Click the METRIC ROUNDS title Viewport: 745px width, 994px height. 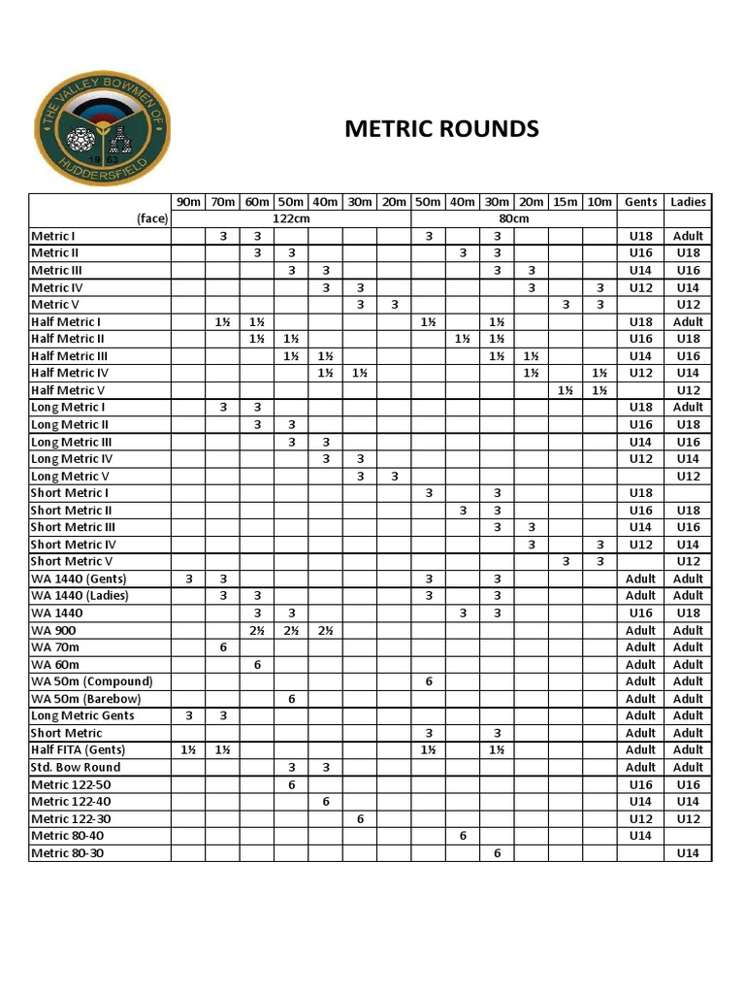click(x=441, y=129)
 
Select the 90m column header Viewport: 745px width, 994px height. click(x=188, y=202)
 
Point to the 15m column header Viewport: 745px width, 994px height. click(x=565, y=202)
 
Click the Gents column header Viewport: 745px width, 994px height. click(x=640, y=202)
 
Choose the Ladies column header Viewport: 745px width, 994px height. click(x=688, y=202)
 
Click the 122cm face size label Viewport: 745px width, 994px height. click(x=291, y=219)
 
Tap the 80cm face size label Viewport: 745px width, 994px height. click(x=497, y=219)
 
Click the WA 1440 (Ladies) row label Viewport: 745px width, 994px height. click(x=80, y=596)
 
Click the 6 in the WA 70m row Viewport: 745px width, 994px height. click(x=223, y=647)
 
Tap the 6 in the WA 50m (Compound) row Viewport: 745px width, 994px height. click(x=428, y=681)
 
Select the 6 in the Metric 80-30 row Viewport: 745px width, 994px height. click(x=497, y=853)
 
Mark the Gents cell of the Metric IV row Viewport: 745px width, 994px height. click(x=640, y=287)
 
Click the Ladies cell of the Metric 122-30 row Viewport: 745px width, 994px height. click(x=688, y=818)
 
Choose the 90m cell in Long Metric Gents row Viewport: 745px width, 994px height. click(x=188, y=715)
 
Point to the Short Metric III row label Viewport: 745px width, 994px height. click(x=73, y=527)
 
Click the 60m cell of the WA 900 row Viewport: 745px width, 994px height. click(x=257, y=630)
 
